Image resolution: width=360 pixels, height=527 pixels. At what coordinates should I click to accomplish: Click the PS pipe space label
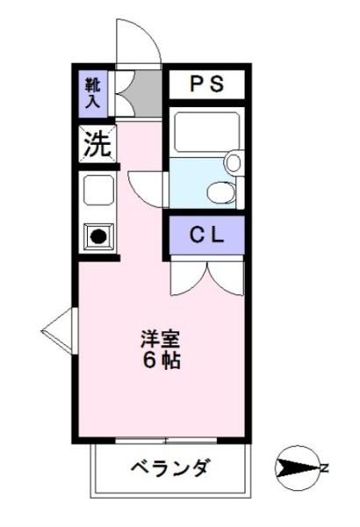point(206,83)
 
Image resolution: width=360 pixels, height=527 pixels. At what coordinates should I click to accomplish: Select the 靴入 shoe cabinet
point(93,94)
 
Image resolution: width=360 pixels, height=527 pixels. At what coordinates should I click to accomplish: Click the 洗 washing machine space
point(97,144)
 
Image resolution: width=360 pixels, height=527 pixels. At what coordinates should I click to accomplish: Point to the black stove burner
point(98,236)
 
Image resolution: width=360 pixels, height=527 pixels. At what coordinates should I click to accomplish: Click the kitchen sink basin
point(98,191)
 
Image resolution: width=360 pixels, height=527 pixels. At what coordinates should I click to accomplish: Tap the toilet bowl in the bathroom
point(221,192)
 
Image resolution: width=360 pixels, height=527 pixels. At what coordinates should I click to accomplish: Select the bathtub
point(206,132)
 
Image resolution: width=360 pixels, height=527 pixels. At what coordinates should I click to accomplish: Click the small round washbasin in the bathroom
point(234,162)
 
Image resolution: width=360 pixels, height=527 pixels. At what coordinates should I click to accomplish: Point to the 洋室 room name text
point(161,339)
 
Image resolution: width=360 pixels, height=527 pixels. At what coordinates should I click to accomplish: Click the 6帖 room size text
point(162,360)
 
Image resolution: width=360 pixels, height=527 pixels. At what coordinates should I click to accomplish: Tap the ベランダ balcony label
point(171,467)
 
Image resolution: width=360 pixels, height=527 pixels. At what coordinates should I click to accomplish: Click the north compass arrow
point(297,468)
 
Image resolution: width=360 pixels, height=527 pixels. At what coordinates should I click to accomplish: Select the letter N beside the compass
point(324,468)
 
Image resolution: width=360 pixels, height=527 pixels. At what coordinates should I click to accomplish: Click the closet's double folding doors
point(206,277)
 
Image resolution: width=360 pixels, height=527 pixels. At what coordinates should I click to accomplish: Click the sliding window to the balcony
point(166,440)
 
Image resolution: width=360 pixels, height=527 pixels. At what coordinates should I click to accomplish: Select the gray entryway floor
point(147,93)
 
